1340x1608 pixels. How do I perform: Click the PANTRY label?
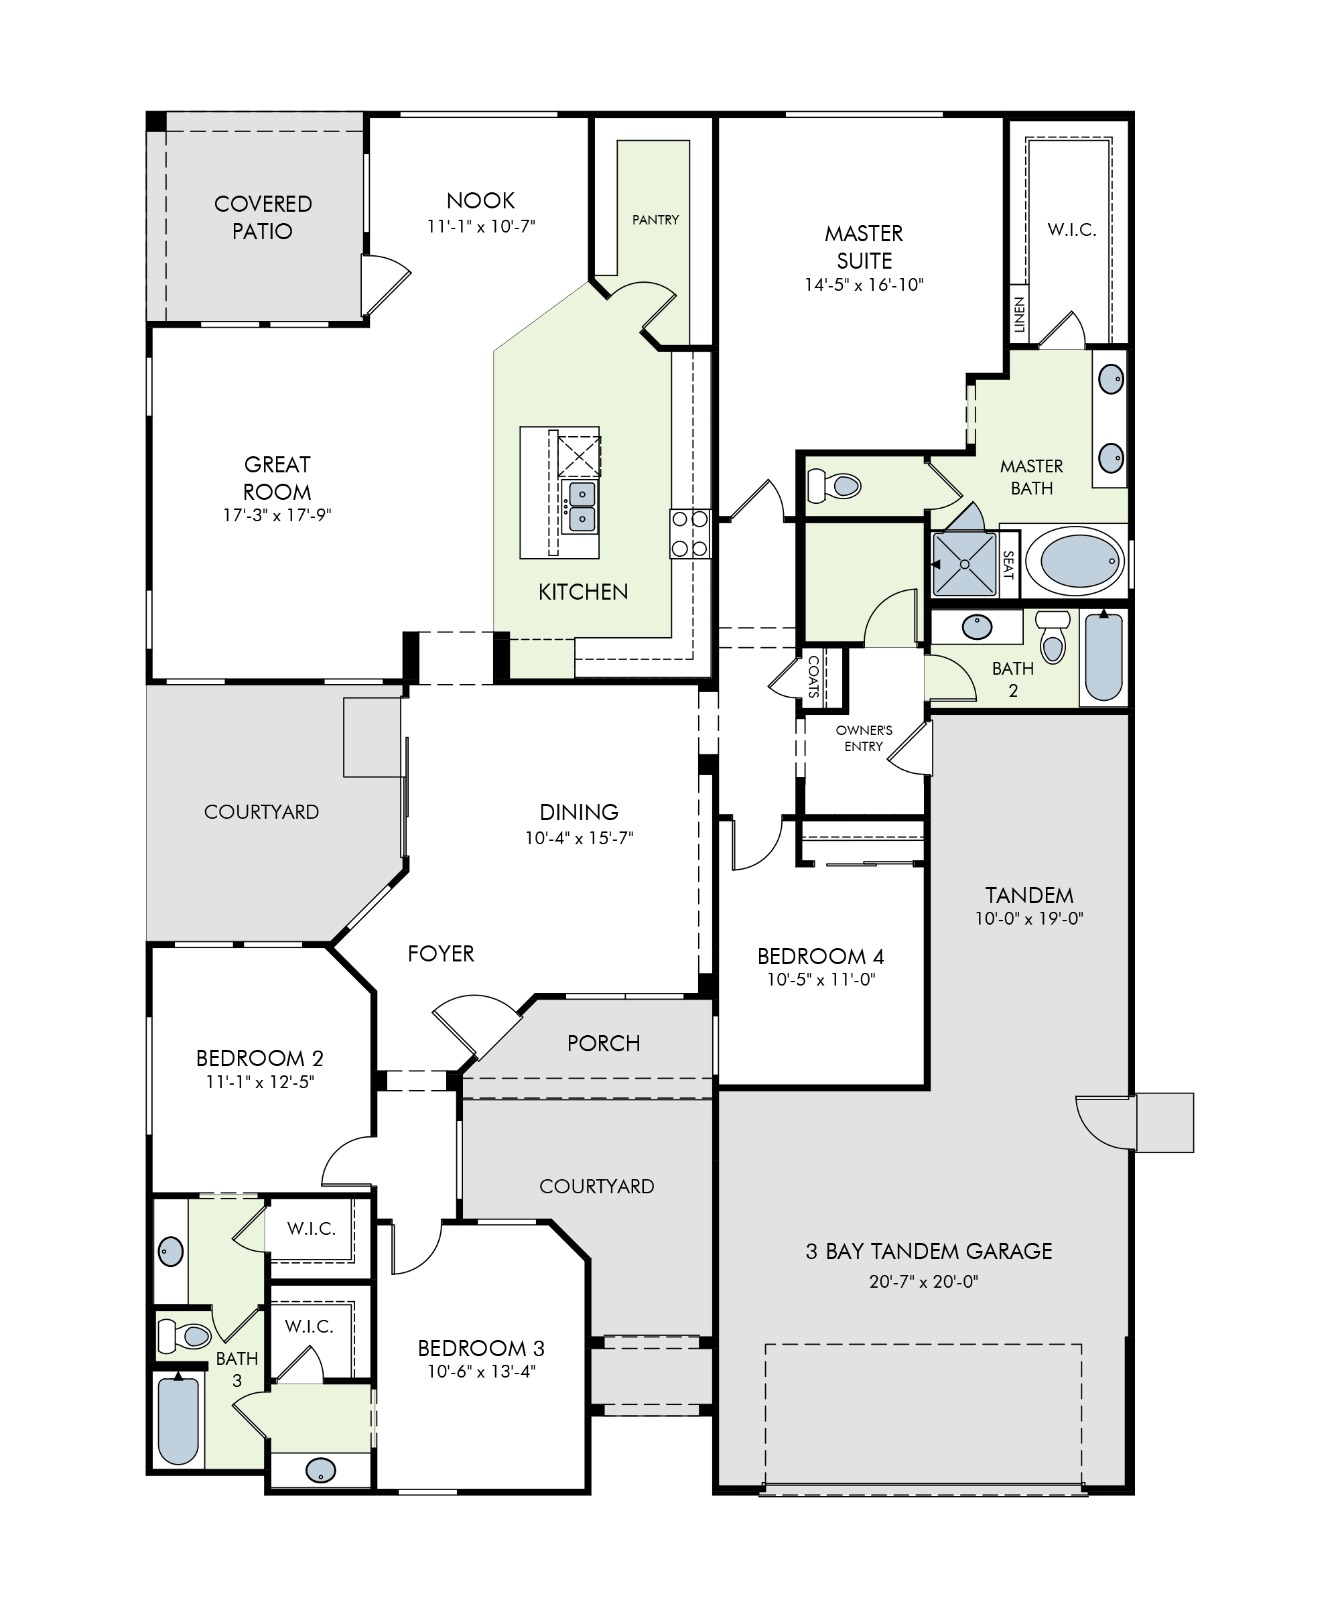pyautogui.click(x=655, y=220)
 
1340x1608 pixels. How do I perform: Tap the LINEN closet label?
pyautogui.click(x=1019, y=315)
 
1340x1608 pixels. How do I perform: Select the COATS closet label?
pyautogui.click(x=813, y=676)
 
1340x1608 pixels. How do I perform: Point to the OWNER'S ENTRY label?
pyautogui.click(x=864, y=738)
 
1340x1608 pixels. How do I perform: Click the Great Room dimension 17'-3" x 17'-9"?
pyautogui.click(x=277, y=515)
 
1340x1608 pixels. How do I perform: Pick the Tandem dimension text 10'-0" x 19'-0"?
pyautogui.click(x=1029, y=919)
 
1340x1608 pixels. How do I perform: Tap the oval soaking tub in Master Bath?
pyautogui.click(x=1075, y=561)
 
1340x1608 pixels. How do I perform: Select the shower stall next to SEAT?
pyautogui.click(x=965, y=564)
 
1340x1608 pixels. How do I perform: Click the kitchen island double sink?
pyautogui.click(x=581, y=506)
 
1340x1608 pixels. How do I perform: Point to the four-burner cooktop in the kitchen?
pyautogui.click(x=690, y=534)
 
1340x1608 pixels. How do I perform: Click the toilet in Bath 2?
pyautogui.click(x=1054, y=636)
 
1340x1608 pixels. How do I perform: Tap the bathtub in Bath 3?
pyautogui.click(x=178, y=1420)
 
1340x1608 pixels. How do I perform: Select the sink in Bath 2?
pyautogui.click(x=977, y=627)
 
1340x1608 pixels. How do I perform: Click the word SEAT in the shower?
pyautogui.click(x=1008, y=565)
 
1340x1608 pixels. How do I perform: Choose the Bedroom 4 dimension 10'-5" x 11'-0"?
pyautogui.click(x=821, y=980)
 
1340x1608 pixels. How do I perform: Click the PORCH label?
pyautogui.click(x=604, y=1044)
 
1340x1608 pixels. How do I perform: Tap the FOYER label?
pyautogui.click(x=441, y=954)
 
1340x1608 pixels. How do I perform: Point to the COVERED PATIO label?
pyautogui.click(x=263, y=218)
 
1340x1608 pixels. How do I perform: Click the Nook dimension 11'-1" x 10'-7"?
pyautogui.click(x=481, y=226)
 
